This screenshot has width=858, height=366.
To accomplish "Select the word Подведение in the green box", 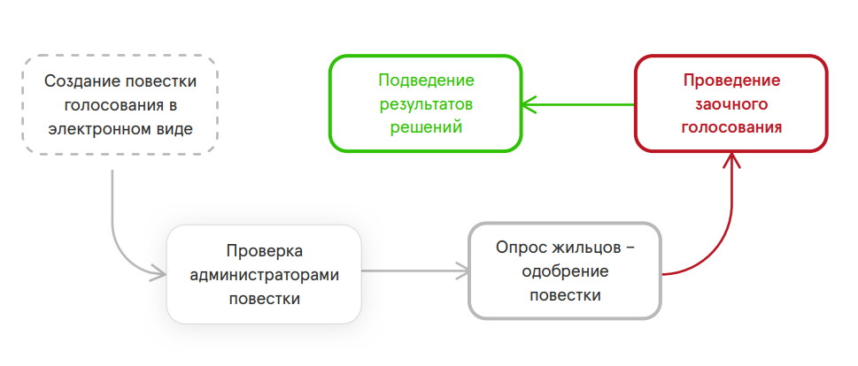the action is (426, 80).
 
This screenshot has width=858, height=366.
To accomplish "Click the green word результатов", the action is (426, 104).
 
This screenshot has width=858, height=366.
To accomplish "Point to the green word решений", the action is (426, 127).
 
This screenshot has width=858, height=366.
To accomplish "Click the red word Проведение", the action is (731, 80).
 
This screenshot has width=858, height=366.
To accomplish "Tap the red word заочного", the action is (731, 103).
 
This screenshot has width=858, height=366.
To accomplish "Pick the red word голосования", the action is (731, 127).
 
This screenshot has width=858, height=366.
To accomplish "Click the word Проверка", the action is (264, 252).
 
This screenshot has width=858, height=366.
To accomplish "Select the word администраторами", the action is (264, 275).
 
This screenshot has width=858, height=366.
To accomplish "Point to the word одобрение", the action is (565, 271).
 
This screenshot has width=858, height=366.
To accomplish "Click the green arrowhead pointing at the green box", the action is (529, 104).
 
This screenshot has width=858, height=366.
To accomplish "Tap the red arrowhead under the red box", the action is (731, 160).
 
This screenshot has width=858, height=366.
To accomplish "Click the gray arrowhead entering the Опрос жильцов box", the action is (463, 271).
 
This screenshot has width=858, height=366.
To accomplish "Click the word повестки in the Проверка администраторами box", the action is (264, 299).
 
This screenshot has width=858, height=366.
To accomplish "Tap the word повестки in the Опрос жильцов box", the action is (565, 295).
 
